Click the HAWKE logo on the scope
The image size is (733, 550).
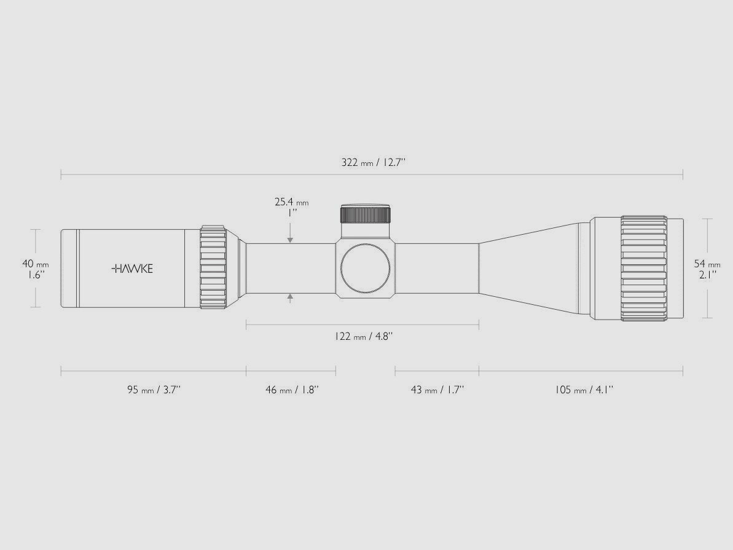pyautogui.click(x=133, y=269)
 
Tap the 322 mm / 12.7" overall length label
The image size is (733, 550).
pyautogui.click(x=374, y=163)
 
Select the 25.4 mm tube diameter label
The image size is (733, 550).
pyautogui.click(x=291, y=202)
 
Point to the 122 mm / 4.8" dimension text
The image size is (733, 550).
pyautogui.click(x=363, y=336)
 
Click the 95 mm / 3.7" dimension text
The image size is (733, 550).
pyautogui.click(x=154, y=390)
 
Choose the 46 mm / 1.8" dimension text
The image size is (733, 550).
pyautogui.click(x=291, y=390)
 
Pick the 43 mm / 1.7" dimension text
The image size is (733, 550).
pyautogui.click(x=437, y=390)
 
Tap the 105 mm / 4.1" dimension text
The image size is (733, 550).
pyautogui.click(x=584, y=390)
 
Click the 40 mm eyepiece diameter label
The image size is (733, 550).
pyautogui.click(x=35, y=264)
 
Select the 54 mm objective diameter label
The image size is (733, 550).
pyautogui.click(x=707, y=264)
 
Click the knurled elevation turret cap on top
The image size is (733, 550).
pyautogui.click(x=366, y=214)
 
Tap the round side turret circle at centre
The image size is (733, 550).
pyautogui.click(x=366, y=269)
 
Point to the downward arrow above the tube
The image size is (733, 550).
pyautogui.click(x=290, y=238)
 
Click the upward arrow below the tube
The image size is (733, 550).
pyautogui.click(x=290, y=298)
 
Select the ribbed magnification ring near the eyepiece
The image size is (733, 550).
pyautogui.click(x=213, y=268)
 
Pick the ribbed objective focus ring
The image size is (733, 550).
pyautogui.click(x=643, y=269)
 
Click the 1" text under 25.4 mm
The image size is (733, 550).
pyautogui.click(x=292, y=212)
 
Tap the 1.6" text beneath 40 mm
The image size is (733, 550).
pyautogui.click(x=36, y=275)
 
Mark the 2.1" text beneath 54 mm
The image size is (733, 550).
pyautogui.click(x=707, y=275)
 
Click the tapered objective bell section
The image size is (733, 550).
pyautogui.click(x=528, y=269)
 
